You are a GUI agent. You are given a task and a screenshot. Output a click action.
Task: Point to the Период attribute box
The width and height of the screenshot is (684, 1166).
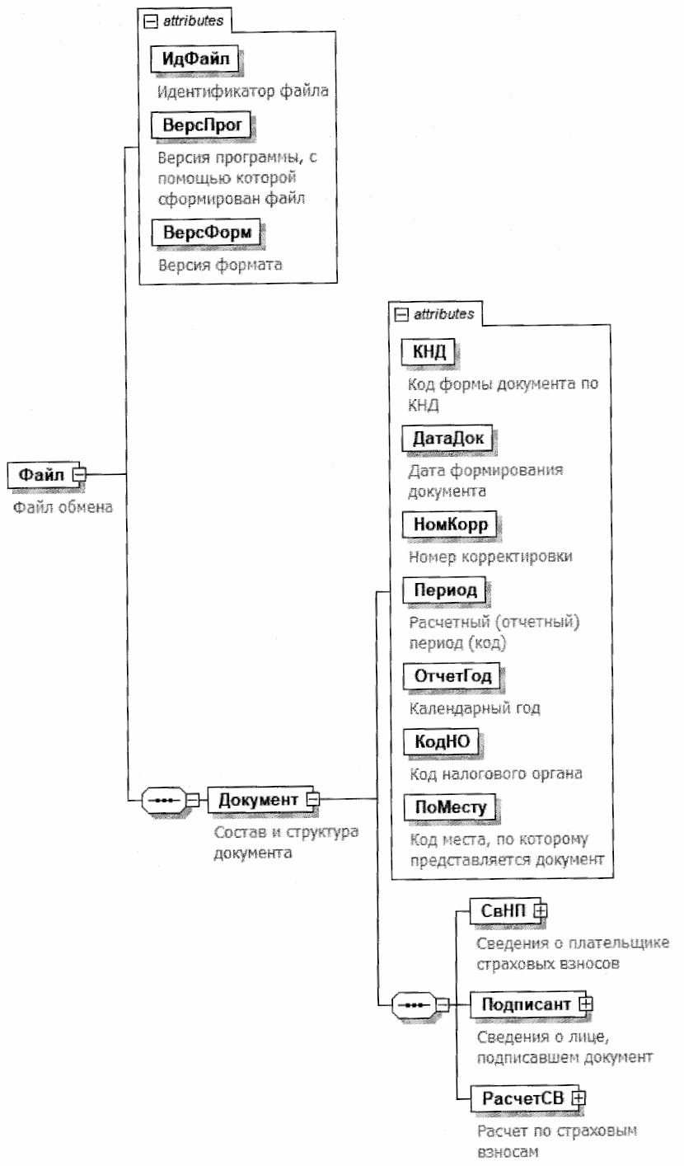444,592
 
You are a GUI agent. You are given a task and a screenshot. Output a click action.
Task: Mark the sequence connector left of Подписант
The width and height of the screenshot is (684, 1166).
415,1004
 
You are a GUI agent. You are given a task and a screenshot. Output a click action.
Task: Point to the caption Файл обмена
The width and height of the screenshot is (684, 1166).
63,507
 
